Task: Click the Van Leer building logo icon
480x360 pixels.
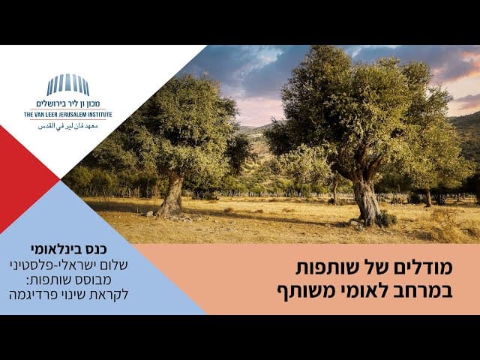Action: click(68, 85)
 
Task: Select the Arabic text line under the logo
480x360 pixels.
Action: click(68, 126)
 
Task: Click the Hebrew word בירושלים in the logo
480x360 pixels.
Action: click(50, 103)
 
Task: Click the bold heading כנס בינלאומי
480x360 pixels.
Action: click(68, 249)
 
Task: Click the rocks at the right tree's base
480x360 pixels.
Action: click(357, 223)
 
